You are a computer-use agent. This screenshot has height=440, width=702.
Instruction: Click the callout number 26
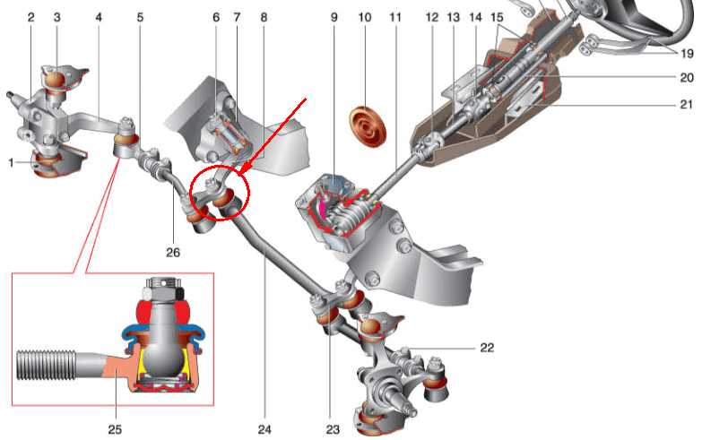[173, 253]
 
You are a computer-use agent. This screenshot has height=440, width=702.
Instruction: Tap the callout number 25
[115, 429]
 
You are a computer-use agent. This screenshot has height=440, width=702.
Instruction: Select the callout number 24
[264, 429]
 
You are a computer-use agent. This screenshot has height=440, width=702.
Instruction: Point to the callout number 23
[333, 430]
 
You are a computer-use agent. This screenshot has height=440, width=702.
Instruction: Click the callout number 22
[487, 348]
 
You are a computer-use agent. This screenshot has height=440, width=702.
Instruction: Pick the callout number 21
[687, 104]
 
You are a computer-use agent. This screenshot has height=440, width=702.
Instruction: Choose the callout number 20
[687, 77]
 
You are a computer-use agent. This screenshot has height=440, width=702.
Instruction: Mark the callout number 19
[688, 54]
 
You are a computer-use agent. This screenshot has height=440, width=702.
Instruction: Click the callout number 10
[365, 17]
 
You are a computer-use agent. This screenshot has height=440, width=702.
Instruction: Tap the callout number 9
[334, 17]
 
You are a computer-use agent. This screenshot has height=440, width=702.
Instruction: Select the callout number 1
[11, 162]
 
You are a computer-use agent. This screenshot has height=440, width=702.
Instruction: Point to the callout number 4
[99, 17]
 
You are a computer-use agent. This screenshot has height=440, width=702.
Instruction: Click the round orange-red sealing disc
[367, 125]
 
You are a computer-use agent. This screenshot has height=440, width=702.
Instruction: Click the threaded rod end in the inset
[46, 365]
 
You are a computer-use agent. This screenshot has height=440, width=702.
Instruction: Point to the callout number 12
[431, 17]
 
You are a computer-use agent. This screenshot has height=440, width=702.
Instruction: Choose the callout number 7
[237, 17]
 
